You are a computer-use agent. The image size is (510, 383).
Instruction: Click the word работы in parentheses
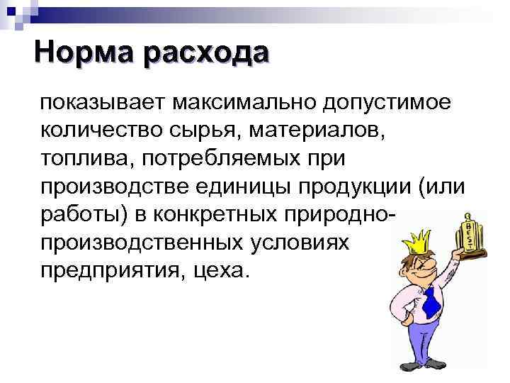[x=81, y=214]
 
